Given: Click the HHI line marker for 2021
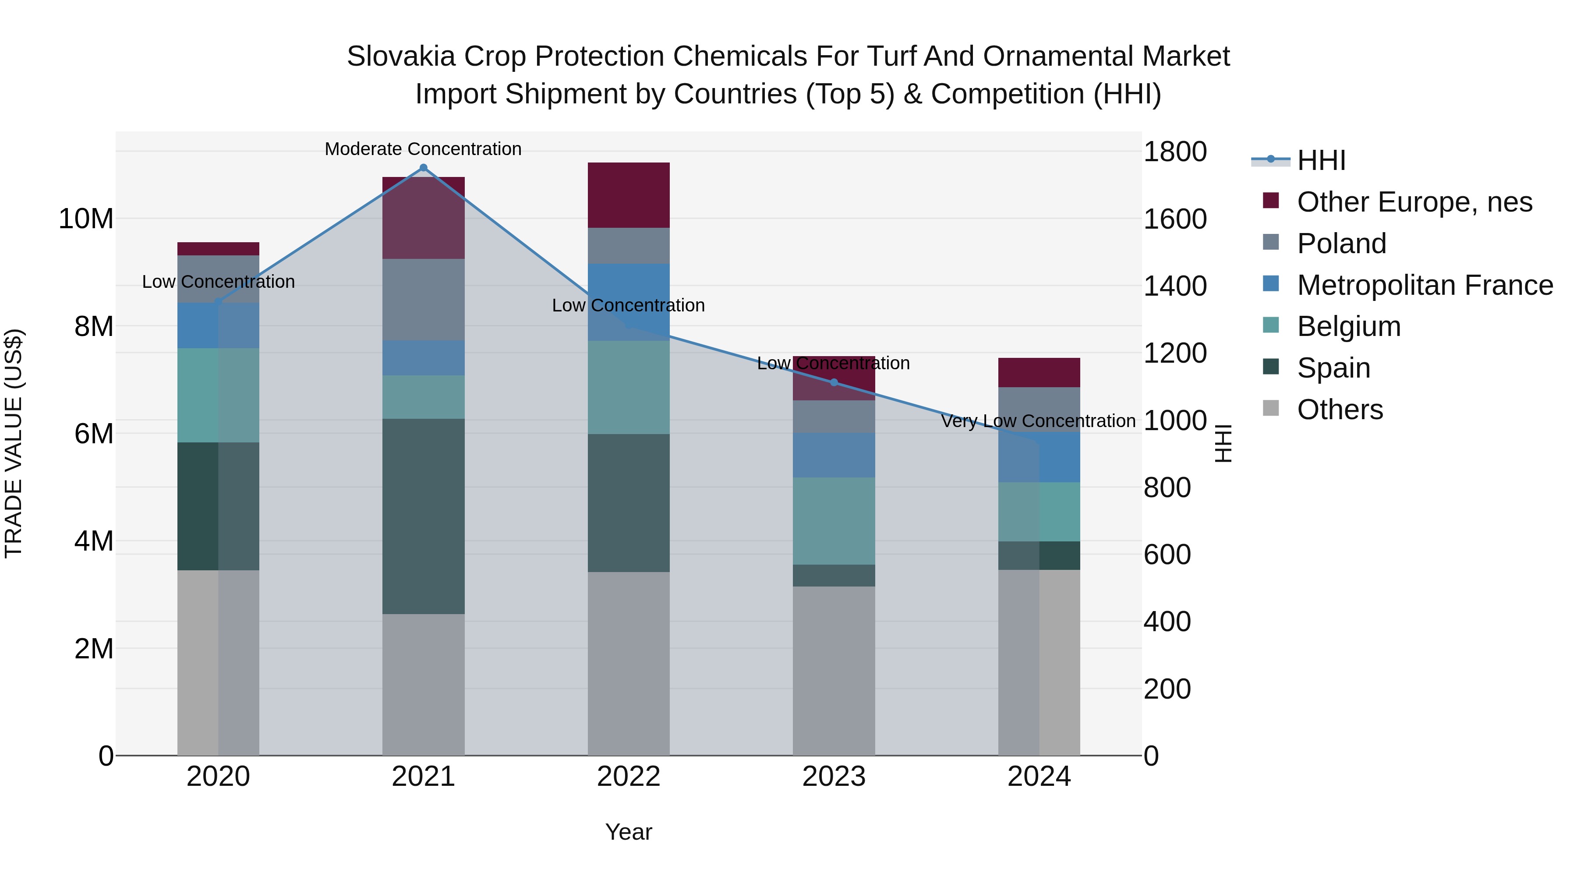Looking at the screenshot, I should pos(423,168).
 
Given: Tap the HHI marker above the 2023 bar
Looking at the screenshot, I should pos(834,382).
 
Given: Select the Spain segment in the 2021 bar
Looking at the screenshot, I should pos(423,516).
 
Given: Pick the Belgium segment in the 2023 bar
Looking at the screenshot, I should pos(834,521).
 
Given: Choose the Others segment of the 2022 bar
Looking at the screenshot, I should pos(629,664).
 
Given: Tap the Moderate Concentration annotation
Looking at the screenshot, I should pos(423,149).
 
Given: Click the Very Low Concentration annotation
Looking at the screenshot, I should pos(1038,421).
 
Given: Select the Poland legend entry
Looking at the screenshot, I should pos(1341,244).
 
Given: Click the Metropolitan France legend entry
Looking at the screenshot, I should pos(1424,285).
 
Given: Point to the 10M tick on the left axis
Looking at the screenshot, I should pos(86,219).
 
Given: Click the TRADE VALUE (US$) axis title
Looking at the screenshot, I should pos(14,443).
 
